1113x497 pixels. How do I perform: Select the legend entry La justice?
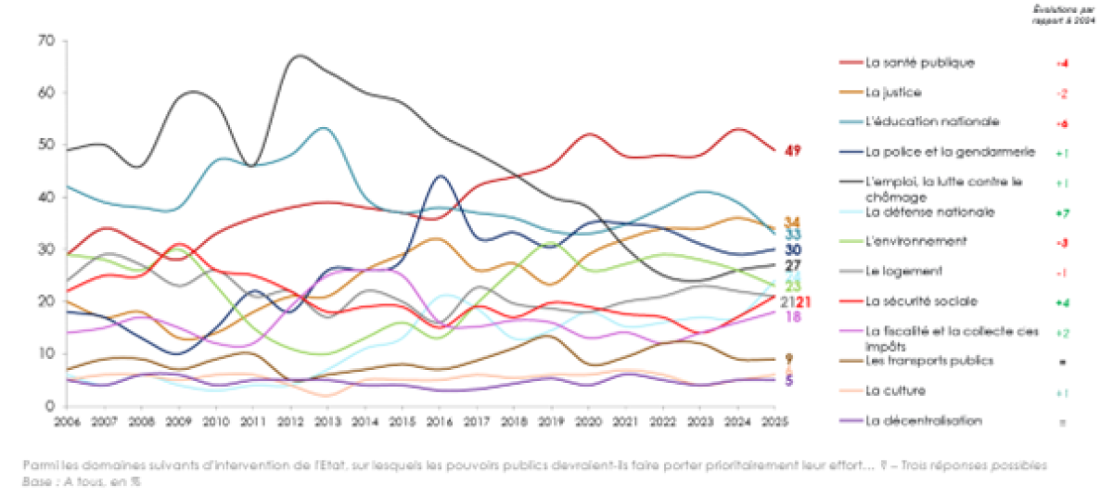point(894,93)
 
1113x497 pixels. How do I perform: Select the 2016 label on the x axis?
point(441,421)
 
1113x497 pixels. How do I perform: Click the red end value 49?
point(793,151)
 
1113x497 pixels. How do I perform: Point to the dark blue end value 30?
point(793,250)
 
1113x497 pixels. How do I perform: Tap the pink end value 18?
point(794,316)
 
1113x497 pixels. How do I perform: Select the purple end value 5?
point(789,380)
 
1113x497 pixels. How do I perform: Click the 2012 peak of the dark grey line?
point(299,57)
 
